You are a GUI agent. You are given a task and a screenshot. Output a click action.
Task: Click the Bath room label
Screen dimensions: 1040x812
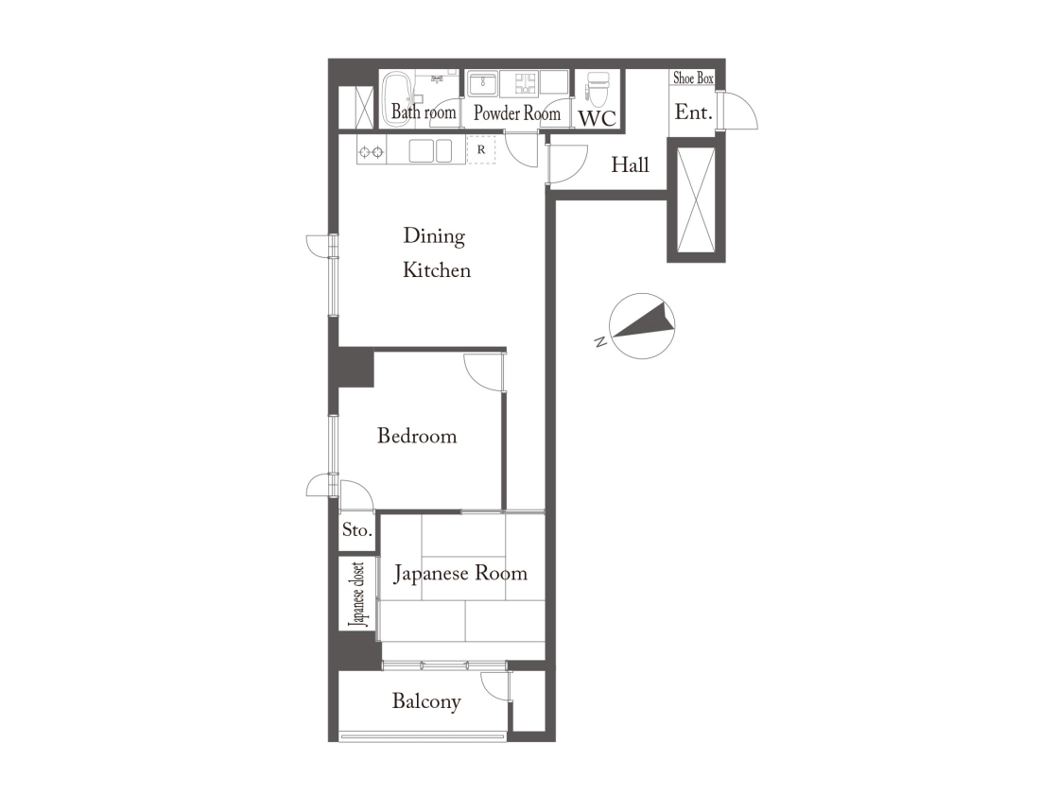tap(424, 112)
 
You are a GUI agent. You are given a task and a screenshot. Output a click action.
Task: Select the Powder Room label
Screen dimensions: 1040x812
tap(516, 113)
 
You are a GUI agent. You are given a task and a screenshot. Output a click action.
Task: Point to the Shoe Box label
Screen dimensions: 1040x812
tap(693, 78)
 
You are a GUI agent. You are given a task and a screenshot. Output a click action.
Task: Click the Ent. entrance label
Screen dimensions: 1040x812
tap(693, 112)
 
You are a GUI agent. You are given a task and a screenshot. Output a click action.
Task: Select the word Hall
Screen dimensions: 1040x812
tap(630, 164)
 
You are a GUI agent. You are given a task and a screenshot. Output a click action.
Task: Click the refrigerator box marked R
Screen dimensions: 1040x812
tap(481, 149)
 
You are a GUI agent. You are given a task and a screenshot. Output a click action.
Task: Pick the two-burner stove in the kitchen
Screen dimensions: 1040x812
tap(371, 152)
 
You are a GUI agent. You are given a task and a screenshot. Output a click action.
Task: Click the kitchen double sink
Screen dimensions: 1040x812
tap(430, 150)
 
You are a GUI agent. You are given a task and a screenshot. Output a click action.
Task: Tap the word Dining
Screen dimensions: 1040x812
tap(434, 237)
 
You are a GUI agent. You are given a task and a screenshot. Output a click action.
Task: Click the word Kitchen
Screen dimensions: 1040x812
tap(437, 270)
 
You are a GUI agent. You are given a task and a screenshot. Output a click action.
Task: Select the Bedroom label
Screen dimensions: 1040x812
tap(417, 436)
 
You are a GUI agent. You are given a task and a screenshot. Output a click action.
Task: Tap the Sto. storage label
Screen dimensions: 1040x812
tap(356, 530)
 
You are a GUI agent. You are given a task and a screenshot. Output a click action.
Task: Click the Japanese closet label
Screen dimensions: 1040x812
tap(356, 595)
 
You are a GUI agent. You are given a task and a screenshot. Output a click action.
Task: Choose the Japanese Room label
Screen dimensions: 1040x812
tap(460, 574)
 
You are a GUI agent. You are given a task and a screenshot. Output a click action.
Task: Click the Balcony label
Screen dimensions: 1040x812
tap(425, 702)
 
